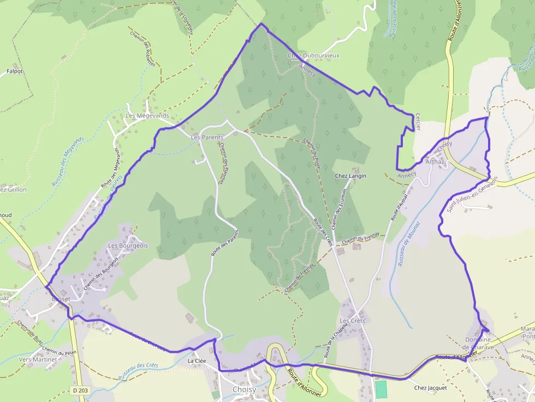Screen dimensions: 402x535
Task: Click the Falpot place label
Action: [14, 71]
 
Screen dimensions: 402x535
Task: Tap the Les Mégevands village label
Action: [147, 116]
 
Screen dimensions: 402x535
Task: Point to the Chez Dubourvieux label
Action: [313, 56]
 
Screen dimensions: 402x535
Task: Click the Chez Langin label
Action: [350, 176]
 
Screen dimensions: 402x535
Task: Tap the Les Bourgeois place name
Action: [128, 245]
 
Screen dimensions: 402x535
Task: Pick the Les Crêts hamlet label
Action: [352, 320]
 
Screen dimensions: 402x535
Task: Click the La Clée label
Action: [197, 361]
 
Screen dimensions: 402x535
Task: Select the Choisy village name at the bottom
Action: [243, 389]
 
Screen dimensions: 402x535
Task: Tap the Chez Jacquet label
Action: [430, 388]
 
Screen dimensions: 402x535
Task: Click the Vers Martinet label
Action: [38, 359]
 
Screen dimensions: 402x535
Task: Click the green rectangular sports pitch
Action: [381, 389]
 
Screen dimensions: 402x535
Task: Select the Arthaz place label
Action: [435, 161]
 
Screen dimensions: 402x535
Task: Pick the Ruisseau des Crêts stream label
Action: [138, 372]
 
